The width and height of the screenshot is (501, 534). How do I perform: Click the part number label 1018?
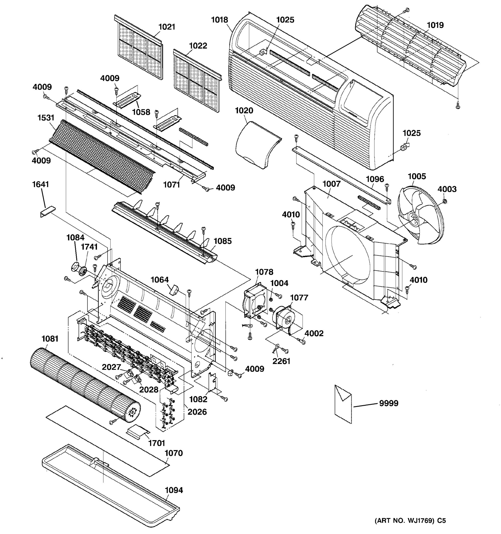[219, 20]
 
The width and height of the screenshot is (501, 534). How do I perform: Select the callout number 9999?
[388, 403]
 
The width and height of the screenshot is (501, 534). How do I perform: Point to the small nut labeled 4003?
[444, 201]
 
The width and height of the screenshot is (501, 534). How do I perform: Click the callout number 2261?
[281, 361]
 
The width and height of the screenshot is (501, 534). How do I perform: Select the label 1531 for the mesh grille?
[46, 118]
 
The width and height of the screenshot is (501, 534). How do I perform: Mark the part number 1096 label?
[375, 179]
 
